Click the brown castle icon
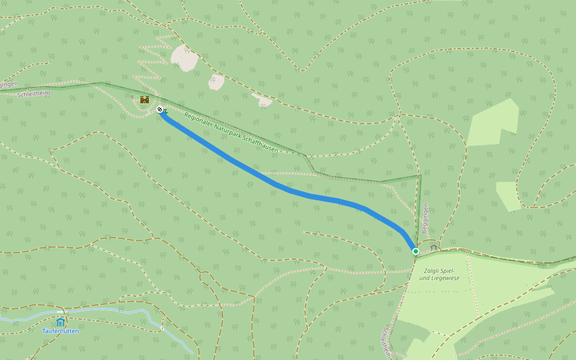pos(145,100)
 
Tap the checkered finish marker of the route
pos(160,109)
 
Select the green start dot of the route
pos(415,251)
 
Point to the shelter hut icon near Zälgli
pos(434,247)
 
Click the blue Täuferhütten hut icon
pos(60,322)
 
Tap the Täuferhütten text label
pos(60,331)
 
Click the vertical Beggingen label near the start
pos(425,218)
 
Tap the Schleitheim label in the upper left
pos(34,94)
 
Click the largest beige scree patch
pos(185,58)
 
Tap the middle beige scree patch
pos(217,82)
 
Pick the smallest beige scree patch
pos(263,100)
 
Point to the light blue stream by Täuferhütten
pos(120,311)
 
